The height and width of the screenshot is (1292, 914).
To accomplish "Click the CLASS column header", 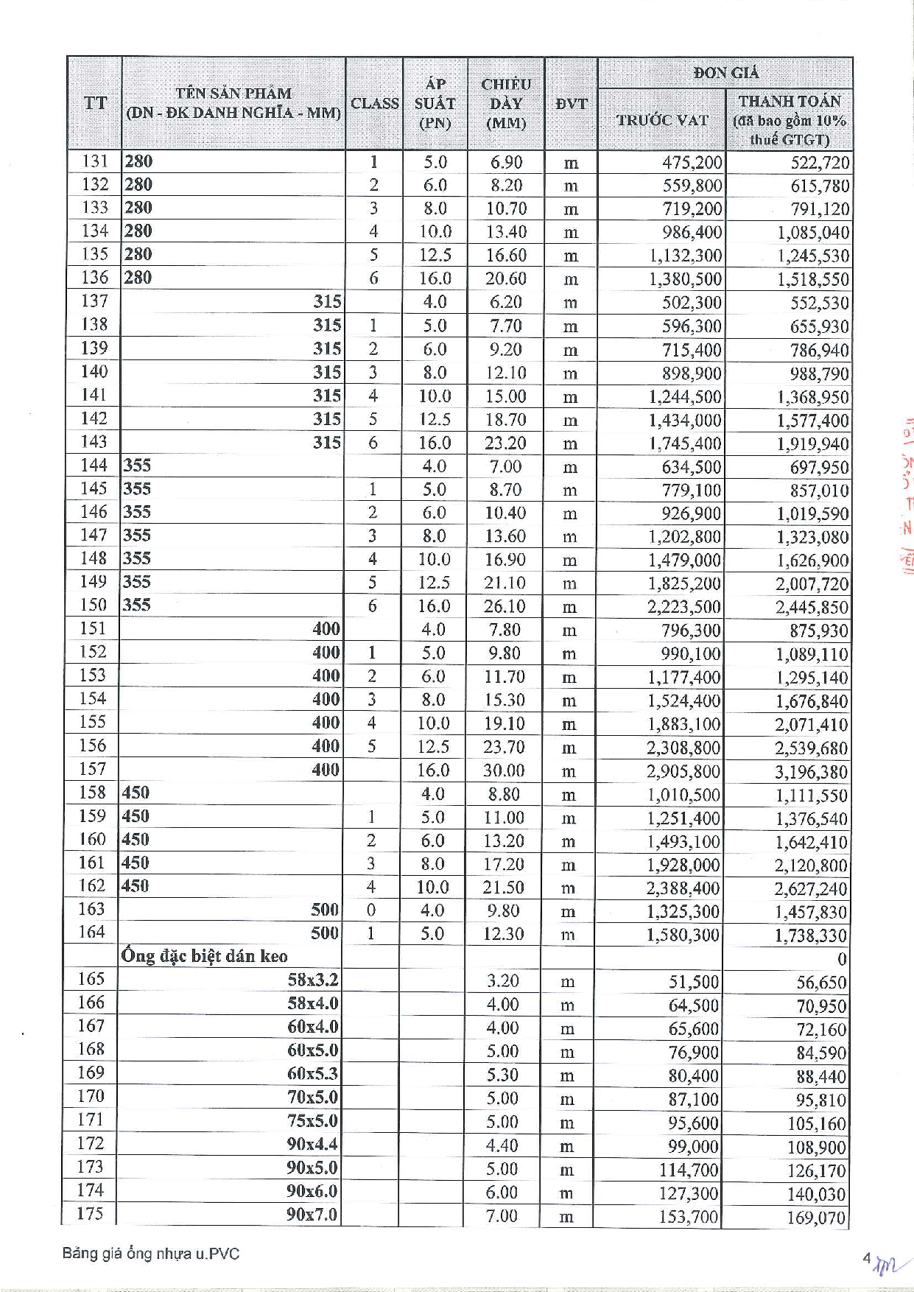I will click(x=374, y=103).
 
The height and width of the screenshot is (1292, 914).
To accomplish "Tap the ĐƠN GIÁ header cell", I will click(x=725, y=73).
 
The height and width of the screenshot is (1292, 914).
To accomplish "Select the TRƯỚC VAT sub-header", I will click(x=661, y=120).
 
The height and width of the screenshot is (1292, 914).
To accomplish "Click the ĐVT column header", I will click(x=571, y=104).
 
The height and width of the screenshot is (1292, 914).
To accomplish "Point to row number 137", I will click(x=95, y=301).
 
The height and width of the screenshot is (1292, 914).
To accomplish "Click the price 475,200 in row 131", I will click(x=692, y=162).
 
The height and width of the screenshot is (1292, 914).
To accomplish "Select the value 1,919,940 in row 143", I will click(x=812, y=443).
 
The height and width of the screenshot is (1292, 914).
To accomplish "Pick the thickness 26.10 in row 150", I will click(x=505, y=605).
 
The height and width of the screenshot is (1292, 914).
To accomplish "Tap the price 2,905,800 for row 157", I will click(x=683, y=771).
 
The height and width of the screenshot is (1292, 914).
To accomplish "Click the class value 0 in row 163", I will click(x=371, y=910).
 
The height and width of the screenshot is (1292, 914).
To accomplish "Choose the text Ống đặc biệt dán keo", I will click(x=205, y=956).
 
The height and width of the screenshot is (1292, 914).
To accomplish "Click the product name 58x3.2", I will click(x=312, y=980).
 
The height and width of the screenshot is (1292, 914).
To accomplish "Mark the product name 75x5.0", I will click(x=312, y=1120).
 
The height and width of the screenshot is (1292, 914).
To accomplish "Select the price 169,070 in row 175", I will click(x=816, y=1218).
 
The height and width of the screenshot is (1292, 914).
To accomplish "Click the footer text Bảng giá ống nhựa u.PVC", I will click(x=151, y=1254).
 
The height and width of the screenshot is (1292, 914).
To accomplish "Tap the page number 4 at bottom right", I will click(x=867, y=1258).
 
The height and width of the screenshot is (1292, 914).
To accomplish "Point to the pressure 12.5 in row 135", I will click(x=435, y=255).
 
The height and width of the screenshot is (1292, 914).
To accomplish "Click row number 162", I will click(x=92, y=885).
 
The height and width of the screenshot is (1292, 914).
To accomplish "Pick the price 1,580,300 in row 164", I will click(x=683, y=935).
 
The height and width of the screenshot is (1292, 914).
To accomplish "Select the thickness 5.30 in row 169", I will click(x=502, y=1075).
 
